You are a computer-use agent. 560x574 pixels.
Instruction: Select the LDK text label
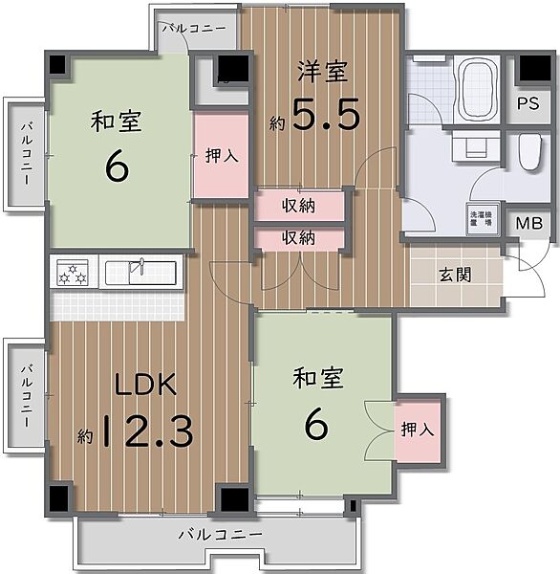click(146, 386)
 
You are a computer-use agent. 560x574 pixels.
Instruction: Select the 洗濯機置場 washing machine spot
click(479, 218)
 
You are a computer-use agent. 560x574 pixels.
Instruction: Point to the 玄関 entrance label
click(456, 276)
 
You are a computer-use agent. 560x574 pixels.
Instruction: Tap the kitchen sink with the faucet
click(139, 272)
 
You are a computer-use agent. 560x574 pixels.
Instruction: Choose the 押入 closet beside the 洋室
click(222, 156)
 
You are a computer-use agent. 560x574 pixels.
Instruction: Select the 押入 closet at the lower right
click(418, 430)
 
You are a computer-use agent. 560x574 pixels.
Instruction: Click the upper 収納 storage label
click(298, 206)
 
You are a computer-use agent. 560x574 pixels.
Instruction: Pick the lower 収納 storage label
click(298, 237)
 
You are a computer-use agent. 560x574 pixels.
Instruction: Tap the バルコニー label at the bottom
click(218, 536)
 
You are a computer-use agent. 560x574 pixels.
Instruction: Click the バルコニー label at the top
click(193, 29)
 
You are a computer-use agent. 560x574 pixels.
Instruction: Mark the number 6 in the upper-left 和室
click(116, 166)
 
